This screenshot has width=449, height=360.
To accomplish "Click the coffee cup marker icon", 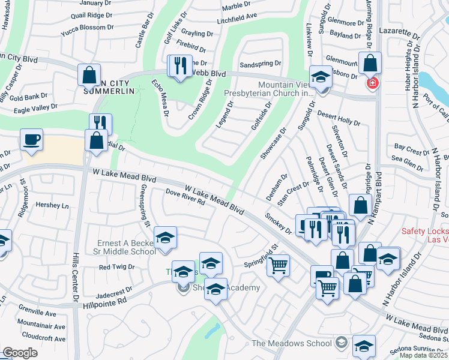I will [31, 140].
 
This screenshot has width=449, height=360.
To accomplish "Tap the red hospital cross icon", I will [373, 83].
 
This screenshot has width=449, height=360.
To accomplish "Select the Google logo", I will [20, 353].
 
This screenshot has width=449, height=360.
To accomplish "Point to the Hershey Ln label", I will [52, 205].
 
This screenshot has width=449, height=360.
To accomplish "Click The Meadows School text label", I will [291, 343].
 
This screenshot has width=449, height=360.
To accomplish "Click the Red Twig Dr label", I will [116, 266].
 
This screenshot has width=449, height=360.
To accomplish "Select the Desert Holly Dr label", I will [339, 118].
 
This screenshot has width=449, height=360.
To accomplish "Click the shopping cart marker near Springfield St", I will [278, 265].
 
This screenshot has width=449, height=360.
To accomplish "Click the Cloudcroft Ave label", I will [41, 337].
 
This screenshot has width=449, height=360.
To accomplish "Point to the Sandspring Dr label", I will [260, 63].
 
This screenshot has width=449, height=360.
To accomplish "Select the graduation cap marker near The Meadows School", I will [364, 346].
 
